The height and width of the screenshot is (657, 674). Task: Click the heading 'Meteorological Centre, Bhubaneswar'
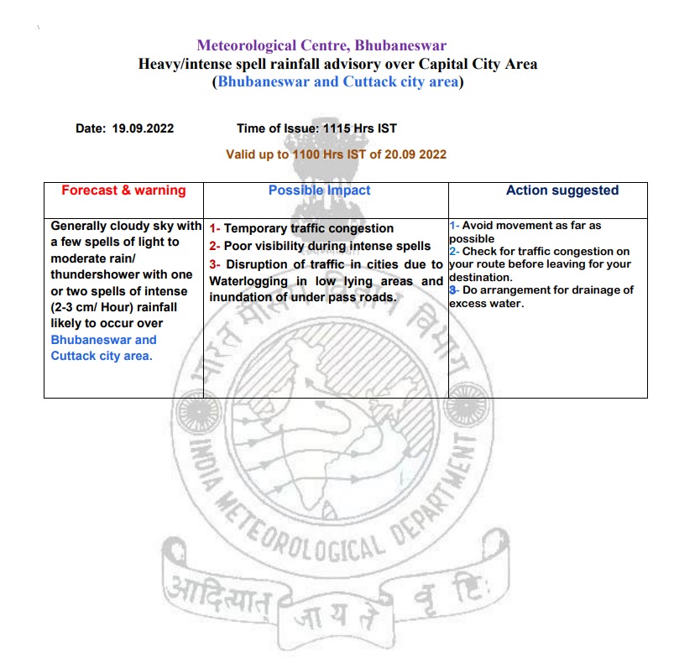[321, 45]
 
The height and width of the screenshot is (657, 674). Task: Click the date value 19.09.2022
[142, 128]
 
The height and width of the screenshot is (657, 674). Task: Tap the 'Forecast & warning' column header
[123, 190]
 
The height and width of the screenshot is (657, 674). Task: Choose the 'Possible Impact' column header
[319, 190]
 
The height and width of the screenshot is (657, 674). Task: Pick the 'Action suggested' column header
[562, 190]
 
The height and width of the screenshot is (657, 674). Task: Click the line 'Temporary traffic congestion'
[308, 228]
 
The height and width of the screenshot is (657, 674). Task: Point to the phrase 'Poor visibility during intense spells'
[327, 246]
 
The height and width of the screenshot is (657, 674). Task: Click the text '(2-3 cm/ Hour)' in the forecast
[91, 307]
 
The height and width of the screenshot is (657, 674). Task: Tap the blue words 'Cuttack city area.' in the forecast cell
[102, 356]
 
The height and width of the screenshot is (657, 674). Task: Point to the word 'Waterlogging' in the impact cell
[249, 281]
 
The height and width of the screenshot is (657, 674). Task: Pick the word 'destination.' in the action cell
[481, 277]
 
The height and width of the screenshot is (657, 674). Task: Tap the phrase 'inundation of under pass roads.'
[302, 298]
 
